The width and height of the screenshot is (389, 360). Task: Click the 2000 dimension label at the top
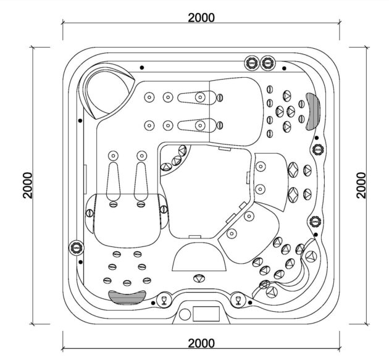201,18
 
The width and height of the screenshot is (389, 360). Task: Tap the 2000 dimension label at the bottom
201,343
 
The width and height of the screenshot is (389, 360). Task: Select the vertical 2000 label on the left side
28,185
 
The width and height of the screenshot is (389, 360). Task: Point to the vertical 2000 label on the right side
361,185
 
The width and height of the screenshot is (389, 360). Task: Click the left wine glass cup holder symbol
164,300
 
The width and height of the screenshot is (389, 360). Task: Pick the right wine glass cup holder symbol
238,300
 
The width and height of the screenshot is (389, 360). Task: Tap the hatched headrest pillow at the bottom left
127,297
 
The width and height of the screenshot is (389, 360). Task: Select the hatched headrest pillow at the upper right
313,112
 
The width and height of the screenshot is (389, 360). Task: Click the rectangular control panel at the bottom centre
206,314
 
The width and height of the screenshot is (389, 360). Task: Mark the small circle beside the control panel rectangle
185,314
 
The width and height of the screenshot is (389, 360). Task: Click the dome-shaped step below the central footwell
199,257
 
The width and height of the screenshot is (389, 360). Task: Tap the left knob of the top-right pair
251,63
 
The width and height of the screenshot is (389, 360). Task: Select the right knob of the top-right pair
267,63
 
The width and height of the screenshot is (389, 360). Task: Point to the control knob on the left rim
76,248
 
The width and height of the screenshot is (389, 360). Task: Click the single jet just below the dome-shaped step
199,278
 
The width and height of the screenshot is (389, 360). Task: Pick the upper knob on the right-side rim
318,149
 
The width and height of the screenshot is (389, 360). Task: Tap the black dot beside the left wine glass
153,303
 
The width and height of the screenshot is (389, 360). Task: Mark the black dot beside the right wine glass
250,303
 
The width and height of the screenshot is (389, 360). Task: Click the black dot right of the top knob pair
284,68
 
